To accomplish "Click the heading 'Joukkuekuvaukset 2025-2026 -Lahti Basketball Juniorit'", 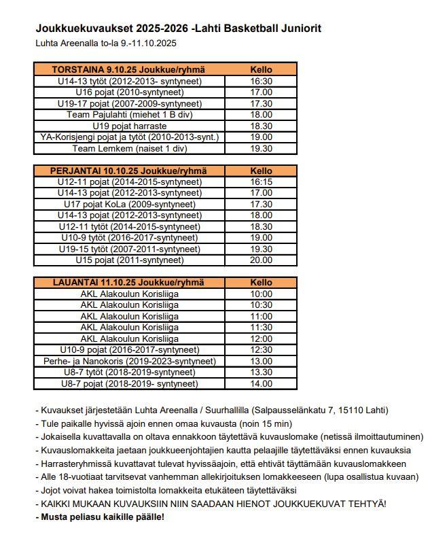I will click(178, 29).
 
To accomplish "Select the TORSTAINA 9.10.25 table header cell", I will click(129, 69).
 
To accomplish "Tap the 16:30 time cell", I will click(261, 81).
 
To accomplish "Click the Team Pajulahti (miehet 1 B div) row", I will click(129, 115).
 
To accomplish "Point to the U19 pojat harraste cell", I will click(129, 126).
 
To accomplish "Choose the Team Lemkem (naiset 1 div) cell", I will click(129, 148).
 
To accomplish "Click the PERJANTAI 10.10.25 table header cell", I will click(129, 171).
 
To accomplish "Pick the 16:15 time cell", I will click(261, 182).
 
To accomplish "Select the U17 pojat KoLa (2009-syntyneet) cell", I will click(129, 204).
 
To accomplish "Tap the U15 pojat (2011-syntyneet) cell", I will click(129, 260).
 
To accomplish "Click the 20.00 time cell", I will click(261, 260).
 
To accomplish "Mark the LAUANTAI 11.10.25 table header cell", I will click(129, 282).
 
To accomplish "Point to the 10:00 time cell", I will click(261, 294).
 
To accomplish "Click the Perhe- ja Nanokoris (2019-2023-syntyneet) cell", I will click(129, 361).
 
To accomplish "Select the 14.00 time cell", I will click(261, 383).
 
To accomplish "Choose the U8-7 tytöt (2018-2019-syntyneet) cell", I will click(129, 372).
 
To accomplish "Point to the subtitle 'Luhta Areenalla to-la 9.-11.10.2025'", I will click(106, 43).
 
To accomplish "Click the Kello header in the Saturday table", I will click(261, 282).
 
